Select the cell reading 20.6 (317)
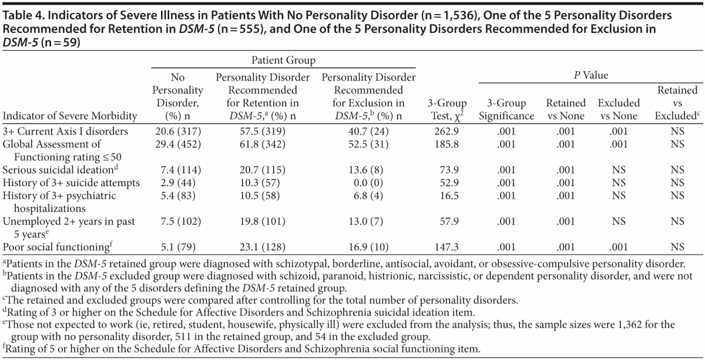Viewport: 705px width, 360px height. tap(177, 132)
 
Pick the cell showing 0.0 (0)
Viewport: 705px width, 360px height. tap(368, 183)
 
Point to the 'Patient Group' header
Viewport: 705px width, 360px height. tap(283, 60)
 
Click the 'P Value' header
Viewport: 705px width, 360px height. tap(591, 75)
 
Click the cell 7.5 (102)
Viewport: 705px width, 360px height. tap(177, 222)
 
